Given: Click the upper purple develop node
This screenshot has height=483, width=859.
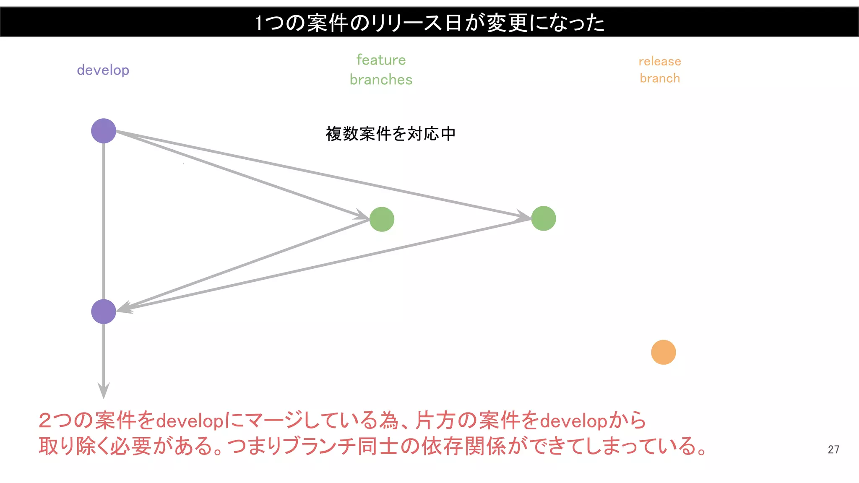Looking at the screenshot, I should pyautogui.click(x=104, y=131).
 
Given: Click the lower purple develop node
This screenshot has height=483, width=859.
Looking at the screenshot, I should pyautogui.click(x=104, y=312).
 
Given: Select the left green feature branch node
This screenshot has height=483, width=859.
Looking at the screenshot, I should pyautogui.click(x=382, y=219).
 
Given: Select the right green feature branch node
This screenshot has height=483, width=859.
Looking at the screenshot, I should pyautogui.click(x=544, y=218).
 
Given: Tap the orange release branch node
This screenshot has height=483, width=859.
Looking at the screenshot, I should pyautogui.click(x=663, y=352).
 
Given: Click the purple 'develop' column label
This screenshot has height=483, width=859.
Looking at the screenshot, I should pyautogui.click(x=103, y=70).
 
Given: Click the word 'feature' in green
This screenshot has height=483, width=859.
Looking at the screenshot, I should pyautogui.click(x=381, y=60).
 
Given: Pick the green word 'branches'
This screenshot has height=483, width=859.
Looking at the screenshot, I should pyautogui.click(x=381, y=80).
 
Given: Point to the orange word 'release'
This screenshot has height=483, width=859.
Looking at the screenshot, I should pyautogui.click(x=660, y=61).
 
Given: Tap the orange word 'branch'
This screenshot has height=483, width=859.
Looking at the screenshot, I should pyautogui.click(x=660, y=78).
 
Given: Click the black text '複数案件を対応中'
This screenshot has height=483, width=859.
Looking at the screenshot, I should pyautogui.click(x=390, y=134).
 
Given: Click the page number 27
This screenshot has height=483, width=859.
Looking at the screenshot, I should pyautogui.click(x=833, y=449).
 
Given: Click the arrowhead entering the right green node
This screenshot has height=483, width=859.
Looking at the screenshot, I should pyautogui.click(x=524, y=216).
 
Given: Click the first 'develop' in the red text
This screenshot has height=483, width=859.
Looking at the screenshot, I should pyautogui.click(x=190, y=421).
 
